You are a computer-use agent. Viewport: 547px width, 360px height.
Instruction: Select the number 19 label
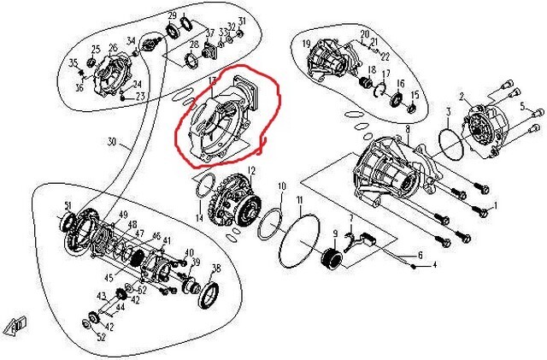coord(306,43)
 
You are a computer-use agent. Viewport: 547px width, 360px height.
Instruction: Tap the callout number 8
coord(408,129)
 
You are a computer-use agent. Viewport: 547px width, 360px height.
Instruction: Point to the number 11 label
coord(300,200)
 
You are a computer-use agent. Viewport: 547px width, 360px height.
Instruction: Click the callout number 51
coord(68,206)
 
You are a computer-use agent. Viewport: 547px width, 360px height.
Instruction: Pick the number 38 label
coord(215,268)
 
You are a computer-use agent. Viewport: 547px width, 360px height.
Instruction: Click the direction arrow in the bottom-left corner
coord(16,324)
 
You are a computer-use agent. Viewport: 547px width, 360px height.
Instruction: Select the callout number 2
coord(462,97)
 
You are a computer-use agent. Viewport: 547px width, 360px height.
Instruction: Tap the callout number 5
coord(522,107)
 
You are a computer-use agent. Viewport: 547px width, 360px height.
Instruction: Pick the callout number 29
coord(172,16)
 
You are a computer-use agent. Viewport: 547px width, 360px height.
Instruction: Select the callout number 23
coord(140,96)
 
